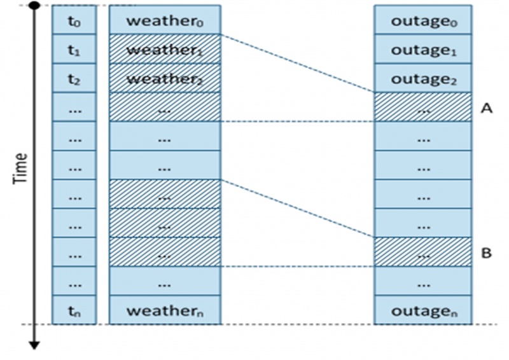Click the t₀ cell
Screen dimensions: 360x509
coord(74,20)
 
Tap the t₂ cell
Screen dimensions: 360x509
coord(74,78)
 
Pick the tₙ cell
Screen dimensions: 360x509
coord(74,310)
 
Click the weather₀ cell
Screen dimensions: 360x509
coord(165,20)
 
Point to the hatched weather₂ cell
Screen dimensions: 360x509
coord(165,78)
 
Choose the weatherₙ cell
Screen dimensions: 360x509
coord(165,310)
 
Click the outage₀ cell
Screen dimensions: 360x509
coord(422,20)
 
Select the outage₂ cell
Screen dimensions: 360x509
coord(422,78)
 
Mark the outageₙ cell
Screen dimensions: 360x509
coord(422,310)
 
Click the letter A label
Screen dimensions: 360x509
coord(487,109)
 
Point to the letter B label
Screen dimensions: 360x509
coord(487,253)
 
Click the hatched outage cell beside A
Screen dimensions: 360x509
coord(422,107)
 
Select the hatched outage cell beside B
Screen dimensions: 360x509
coord(422,252)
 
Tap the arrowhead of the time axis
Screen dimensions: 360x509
coord(35,345)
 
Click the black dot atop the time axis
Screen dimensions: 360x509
coord(35,6)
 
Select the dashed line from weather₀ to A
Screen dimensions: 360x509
coord(297,63)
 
